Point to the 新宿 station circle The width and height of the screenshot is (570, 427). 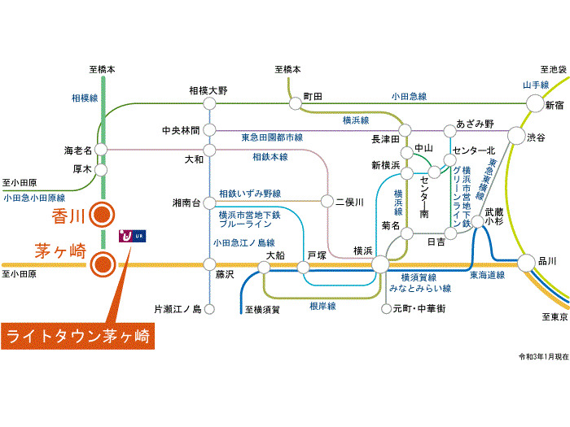pos(534,103)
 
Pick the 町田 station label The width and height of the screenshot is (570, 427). pos(313,96)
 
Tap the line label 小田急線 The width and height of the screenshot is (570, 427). pos(409,96)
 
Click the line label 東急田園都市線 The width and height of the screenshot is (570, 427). pos(272,137)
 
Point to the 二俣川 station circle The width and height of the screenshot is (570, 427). pos(328,201)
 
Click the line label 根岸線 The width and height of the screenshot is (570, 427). pos(322,307)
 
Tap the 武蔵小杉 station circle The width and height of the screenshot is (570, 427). pos(474,231)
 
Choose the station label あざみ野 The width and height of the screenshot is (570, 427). pos(475,124)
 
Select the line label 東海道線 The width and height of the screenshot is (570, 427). pos(486,276)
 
